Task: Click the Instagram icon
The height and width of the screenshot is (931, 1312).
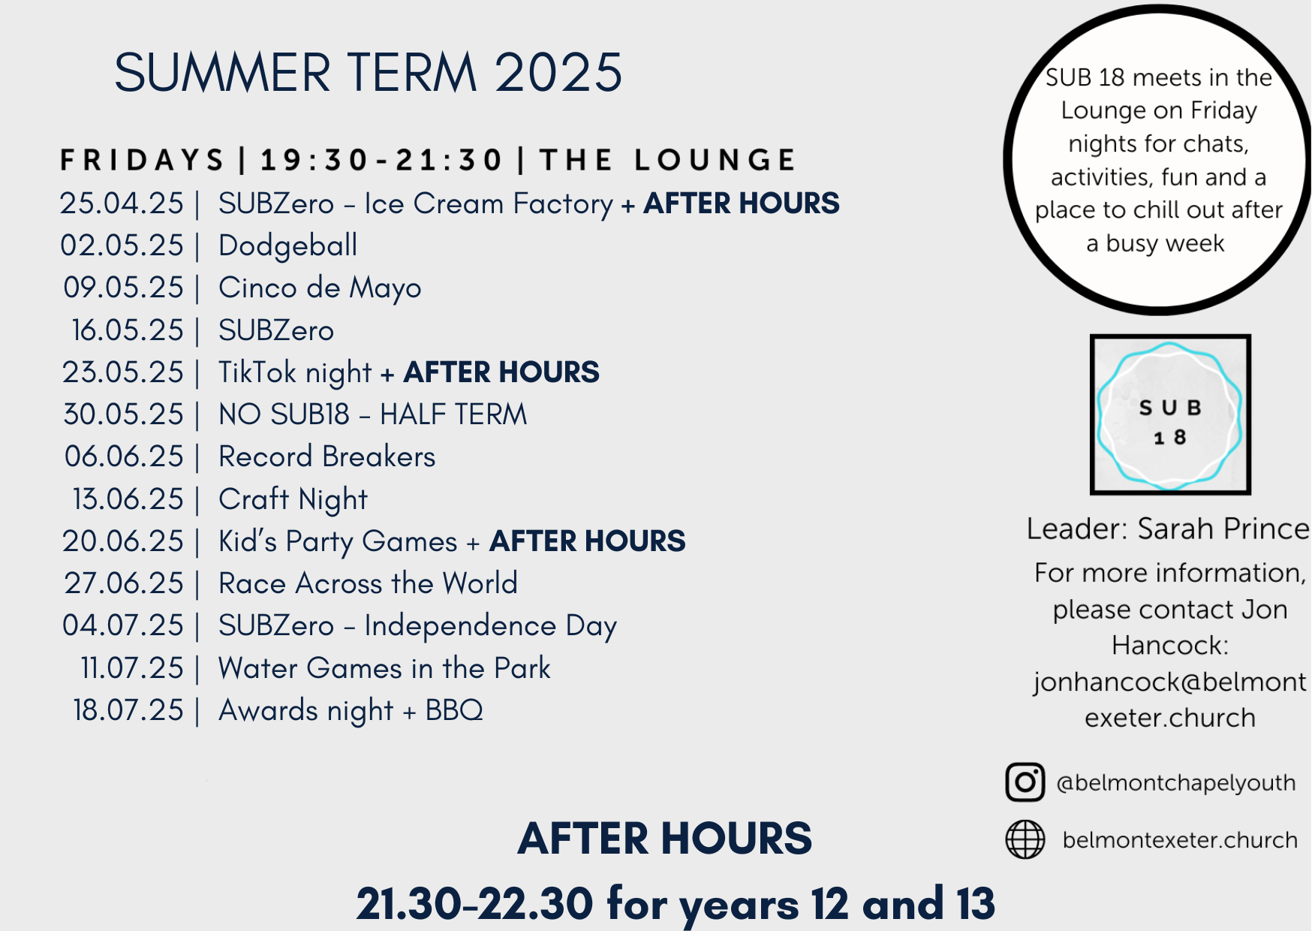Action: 1025,782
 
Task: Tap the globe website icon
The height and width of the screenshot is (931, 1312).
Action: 1025,839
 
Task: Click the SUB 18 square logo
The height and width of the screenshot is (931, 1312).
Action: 1170,414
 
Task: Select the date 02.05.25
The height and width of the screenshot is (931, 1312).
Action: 122,246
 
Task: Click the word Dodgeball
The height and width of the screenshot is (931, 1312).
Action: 288,246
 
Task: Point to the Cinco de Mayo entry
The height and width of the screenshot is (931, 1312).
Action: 320,288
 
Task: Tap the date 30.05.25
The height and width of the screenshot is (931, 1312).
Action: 123,414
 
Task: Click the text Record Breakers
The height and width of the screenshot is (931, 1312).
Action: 326,456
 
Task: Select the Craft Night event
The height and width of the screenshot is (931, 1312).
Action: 293,500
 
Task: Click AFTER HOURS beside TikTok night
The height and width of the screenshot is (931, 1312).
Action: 501,372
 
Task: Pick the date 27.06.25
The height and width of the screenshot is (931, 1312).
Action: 124,583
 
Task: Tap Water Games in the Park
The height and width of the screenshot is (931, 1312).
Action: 384,668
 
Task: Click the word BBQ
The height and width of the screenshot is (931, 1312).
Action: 454,710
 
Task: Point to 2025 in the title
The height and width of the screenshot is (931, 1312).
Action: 558,73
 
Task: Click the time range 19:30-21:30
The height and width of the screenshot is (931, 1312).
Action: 381,160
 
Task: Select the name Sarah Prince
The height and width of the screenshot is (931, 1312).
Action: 1223,529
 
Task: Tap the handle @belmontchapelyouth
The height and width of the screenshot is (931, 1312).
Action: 1176,783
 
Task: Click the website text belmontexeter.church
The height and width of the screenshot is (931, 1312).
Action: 1180,839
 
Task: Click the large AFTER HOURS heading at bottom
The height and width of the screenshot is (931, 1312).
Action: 665,839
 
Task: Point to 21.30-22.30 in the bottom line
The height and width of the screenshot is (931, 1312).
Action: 475,903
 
